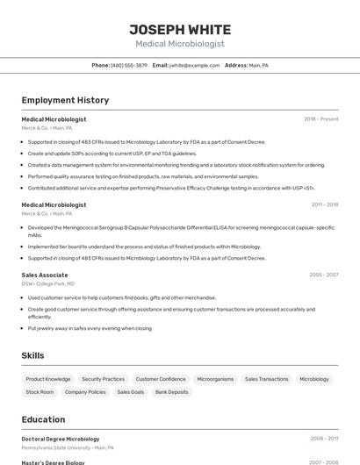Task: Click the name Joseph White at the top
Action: point(180,29)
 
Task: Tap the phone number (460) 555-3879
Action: point(129,65)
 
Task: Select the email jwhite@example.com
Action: point(194,65)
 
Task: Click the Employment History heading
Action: point(65,101)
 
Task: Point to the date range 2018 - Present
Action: point(320,119)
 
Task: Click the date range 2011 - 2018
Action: point(324,204)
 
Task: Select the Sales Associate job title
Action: point(45,275)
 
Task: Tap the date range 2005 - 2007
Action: point(323,275)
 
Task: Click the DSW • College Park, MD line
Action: point(47,283)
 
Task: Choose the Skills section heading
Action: point(33,355)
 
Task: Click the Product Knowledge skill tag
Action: point(47,379)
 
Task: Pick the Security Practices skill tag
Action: point(103,379)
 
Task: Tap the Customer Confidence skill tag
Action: point(161,379)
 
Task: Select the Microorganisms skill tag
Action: point(215,379)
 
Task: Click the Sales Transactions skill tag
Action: point(266,379)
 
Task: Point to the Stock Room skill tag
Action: point(40,392)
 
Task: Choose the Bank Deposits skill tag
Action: point(171,392)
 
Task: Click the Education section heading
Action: point(43,419)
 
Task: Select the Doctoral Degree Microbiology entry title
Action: point(61,439)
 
